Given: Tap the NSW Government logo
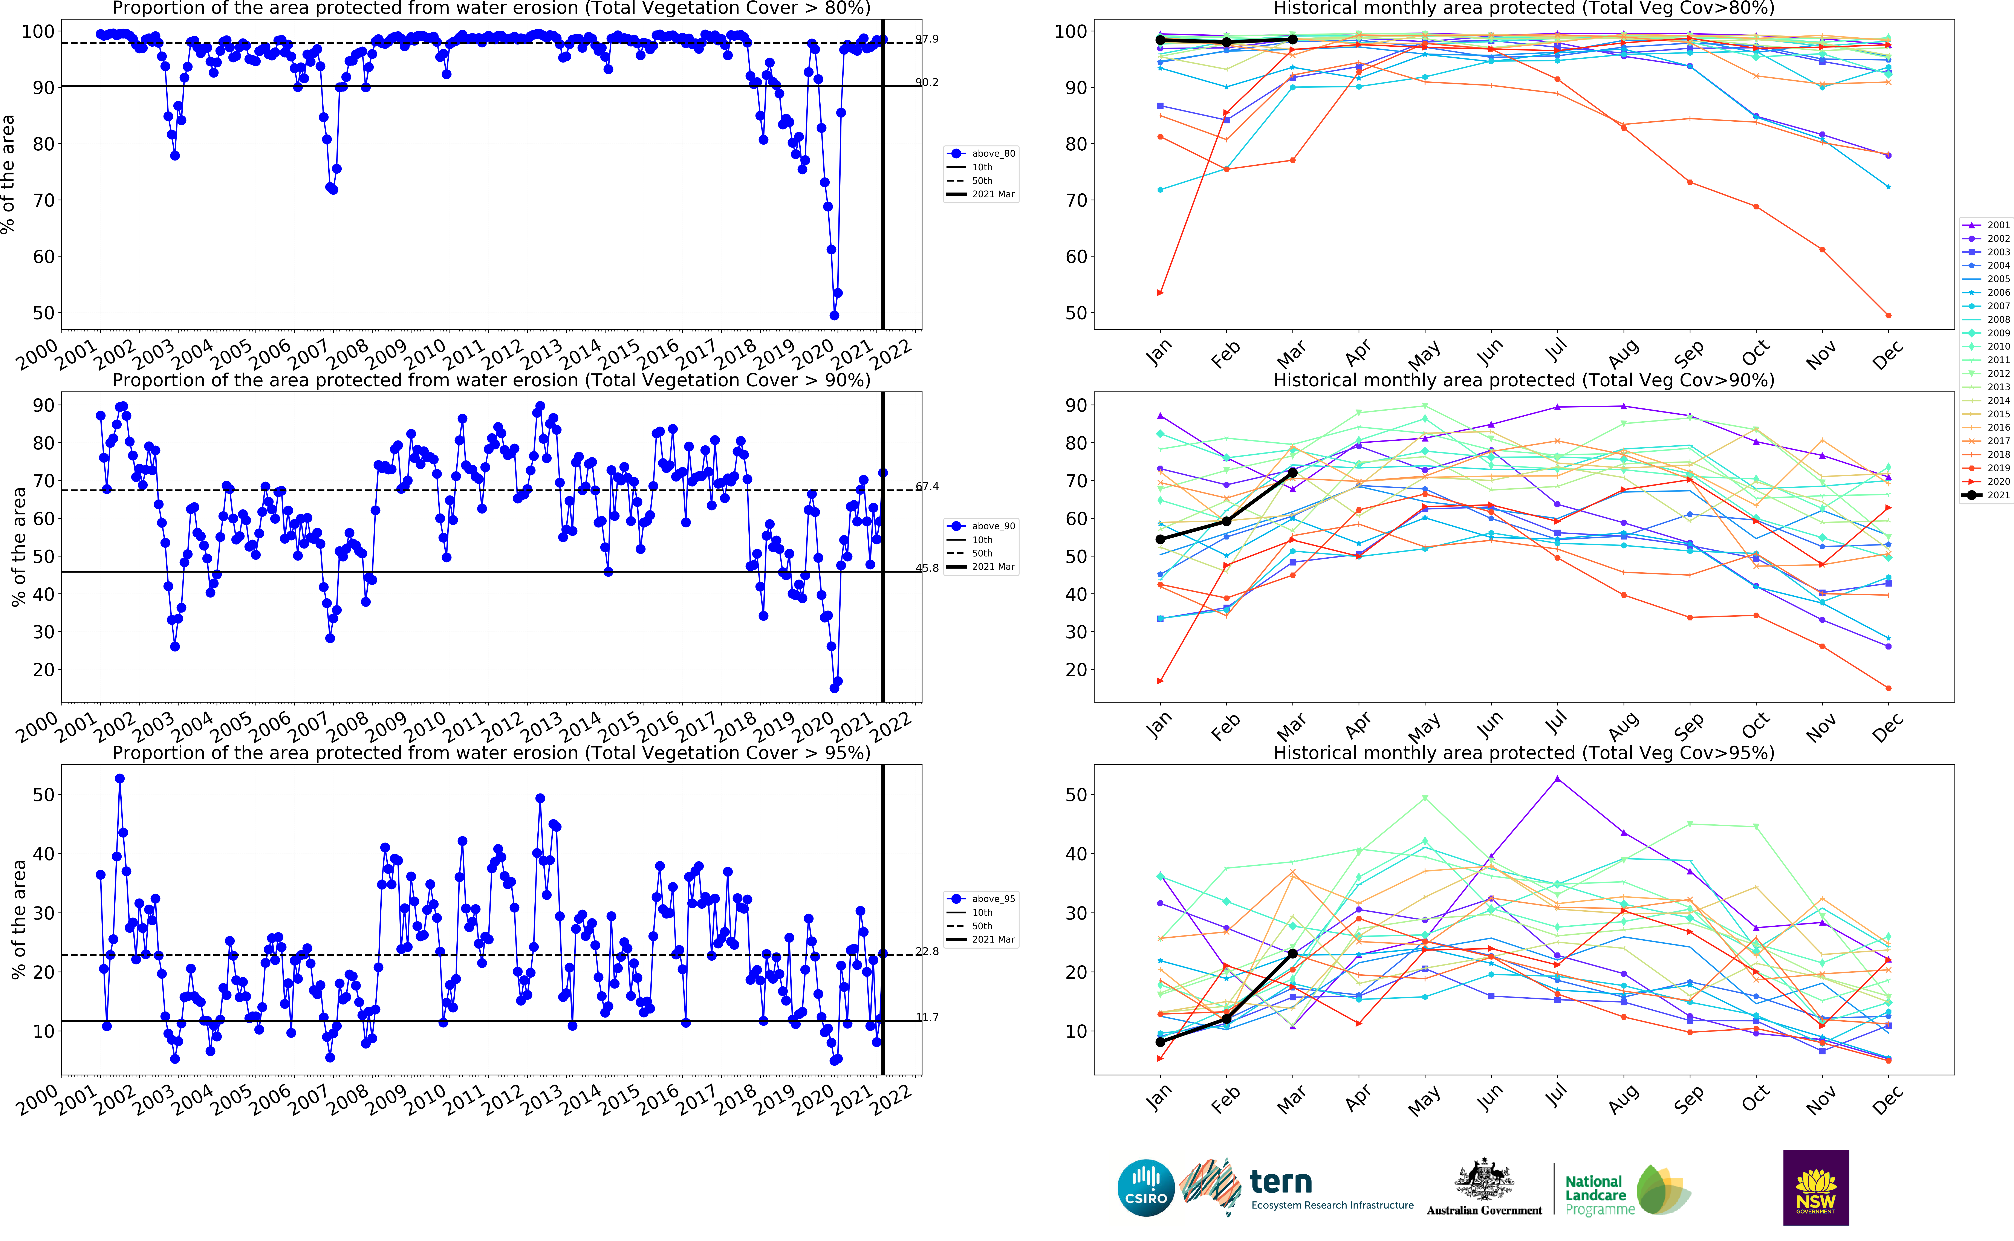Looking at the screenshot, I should coord(1815,1187).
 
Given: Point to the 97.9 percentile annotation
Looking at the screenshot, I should coord(927,39).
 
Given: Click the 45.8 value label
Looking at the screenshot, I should coord(927,568).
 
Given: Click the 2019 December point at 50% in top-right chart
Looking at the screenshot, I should coord(1888,315).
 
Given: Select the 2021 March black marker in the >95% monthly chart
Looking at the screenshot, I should coord(1293,954).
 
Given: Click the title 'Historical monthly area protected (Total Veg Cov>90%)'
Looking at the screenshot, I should coord(1523,380).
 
